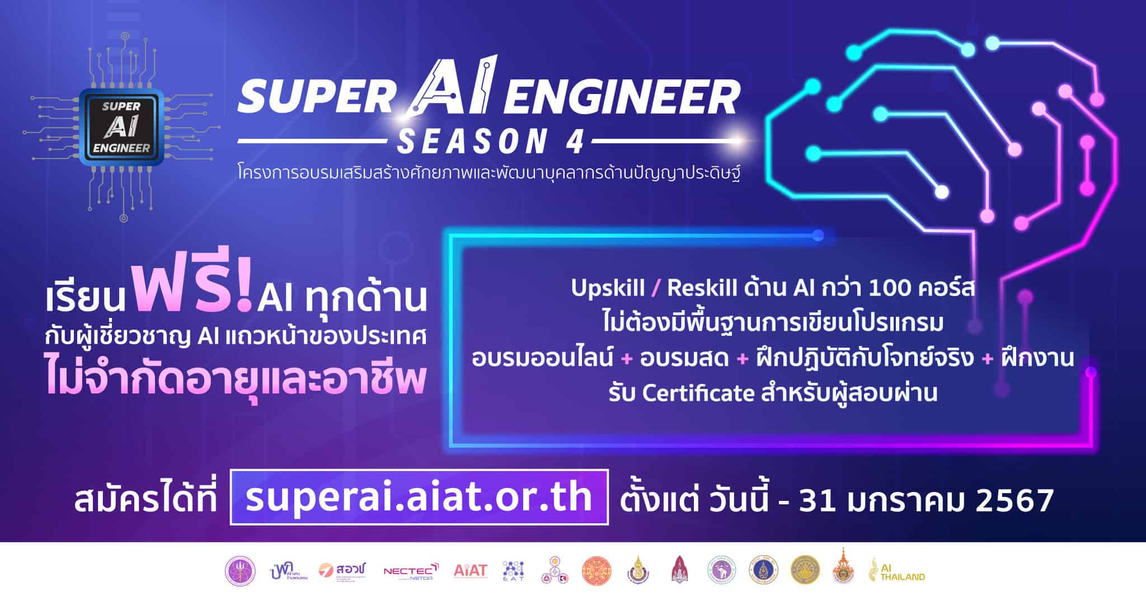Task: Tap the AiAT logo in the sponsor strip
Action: pos(471,571)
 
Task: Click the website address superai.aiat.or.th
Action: pos(419,498)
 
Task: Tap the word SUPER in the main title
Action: pos(316,97)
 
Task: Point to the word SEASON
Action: pos(471,142)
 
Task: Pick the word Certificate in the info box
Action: pos(698,393)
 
